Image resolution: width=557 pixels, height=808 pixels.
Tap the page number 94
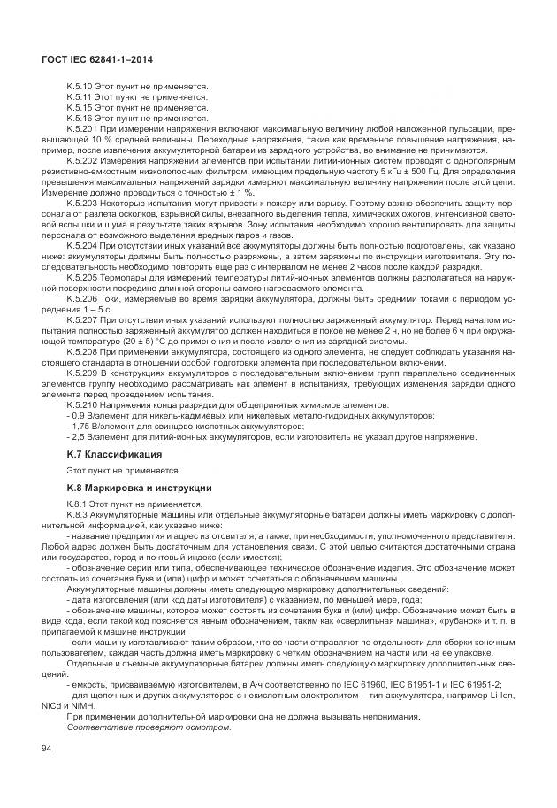click(47, 749)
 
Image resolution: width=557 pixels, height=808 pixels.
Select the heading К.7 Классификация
click(113, 453)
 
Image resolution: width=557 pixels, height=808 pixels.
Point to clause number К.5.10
click(80, 87)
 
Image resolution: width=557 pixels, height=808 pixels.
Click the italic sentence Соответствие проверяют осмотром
click(149, 727)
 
